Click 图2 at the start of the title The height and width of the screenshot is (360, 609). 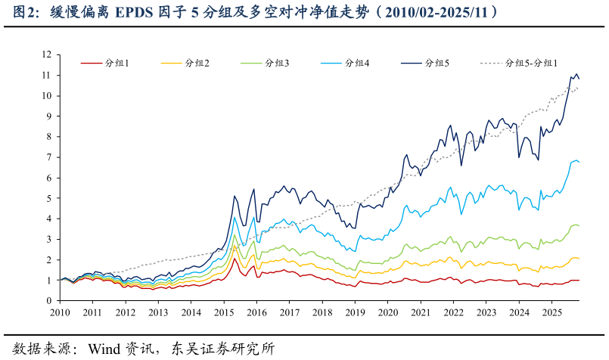[19, 12]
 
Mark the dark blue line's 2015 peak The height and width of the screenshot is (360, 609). [235, 196]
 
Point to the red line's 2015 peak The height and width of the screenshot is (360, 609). [235, 259]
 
